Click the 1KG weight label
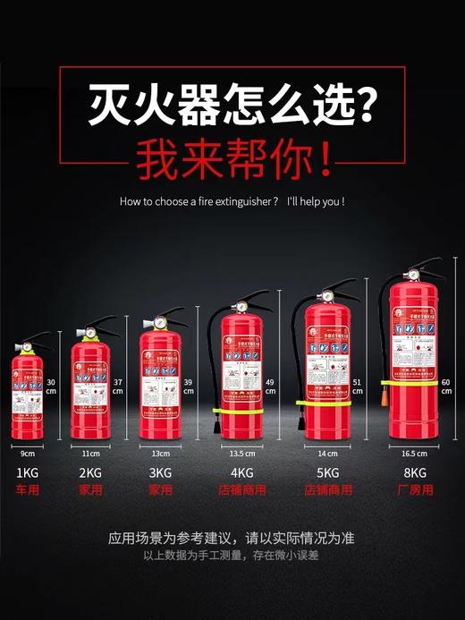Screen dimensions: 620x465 [x=27, y=473]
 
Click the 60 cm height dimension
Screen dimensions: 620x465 [x=446, y=386]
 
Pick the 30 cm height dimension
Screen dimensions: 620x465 [x=52, y=386]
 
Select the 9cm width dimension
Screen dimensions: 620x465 [x=27, y=454]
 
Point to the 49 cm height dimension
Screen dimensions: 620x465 [x=269, y=386]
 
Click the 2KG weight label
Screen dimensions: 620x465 [x=90, y=473]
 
